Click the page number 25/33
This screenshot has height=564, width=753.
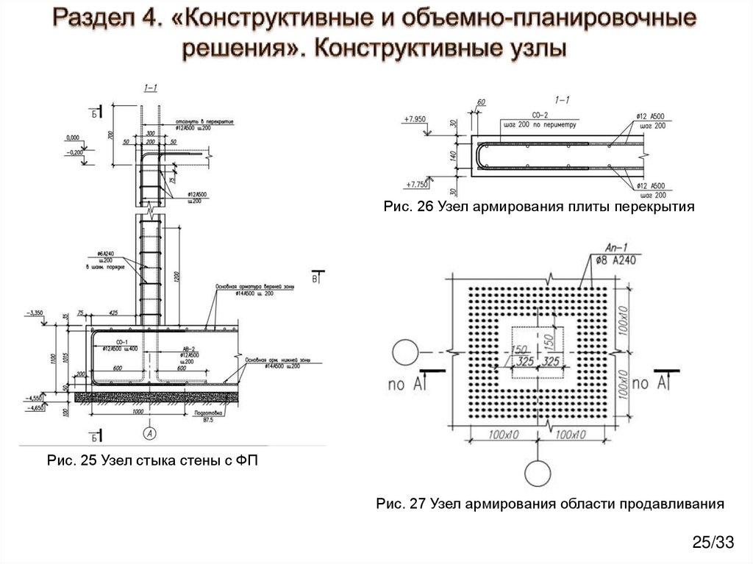[713, 543]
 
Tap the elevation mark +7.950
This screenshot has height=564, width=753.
[415, 118]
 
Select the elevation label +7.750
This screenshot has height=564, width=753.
[415, 185]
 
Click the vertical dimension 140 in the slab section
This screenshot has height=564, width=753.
[455, 156]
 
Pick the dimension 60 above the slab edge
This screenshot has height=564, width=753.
[482, 102]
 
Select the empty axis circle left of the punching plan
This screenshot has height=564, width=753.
[404, 351]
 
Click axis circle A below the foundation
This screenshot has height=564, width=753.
[150, 432]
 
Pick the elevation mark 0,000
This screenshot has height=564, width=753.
[72, 138]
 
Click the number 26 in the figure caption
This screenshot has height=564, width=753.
[426, 207]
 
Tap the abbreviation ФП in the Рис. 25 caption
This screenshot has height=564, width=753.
[249, 461]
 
